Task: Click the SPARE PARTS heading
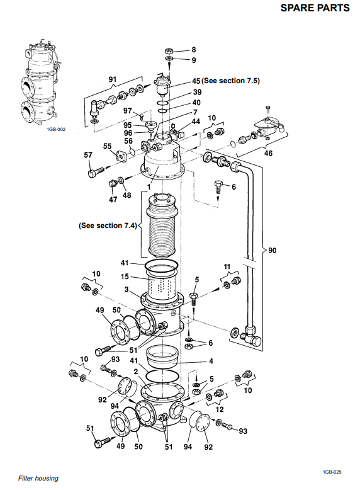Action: pyautogui.click(x=315, y=8)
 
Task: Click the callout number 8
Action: pyautogui.click(x=194, y=50)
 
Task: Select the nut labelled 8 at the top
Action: pyautogui.click(x=169, y=51)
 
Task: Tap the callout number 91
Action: pyautogui.click(x=113, y=79)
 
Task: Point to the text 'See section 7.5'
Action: pyautogui.click(x=231, y=81)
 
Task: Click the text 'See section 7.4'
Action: pyautogui.click(x=108, y=225)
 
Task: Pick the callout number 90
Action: pyautogui.click(x=273, y=250)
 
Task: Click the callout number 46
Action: pyautogui.click(x=268, y=153)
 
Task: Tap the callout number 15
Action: pyautogui.click(x=125, y=276)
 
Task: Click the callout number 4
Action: pyautogui.click(x=211, y=361)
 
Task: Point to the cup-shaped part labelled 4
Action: pyautogui.click(x=162, y=356)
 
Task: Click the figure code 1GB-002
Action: pyautogui.click(x=56, y=129)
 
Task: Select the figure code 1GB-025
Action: pyautogui.click(x=332, y=472)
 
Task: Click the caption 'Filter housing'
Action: pyautogui.click(x=38, y=478)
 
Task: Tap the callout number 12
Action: pyautogui.click(x=220, y=409)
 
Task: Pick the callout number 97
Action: pyautogui.click(x=128, y=111)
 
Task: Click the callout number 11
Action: pyautogui.click(x=227, y=266)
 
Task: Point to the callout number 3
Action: pyautogui.click(x=127, y=289)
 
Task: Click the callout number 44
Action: pyautogui.click(x=196, y=122)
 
